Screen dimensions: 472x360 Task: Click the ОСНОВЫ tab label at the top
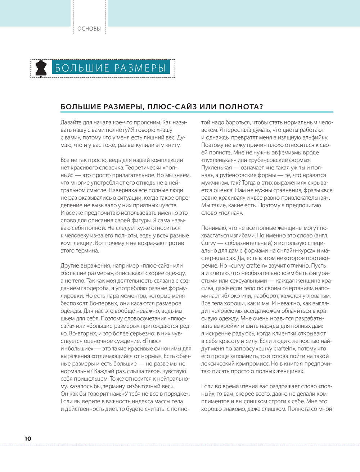click(89, 29)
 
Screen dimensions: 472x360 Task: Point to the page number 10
click(28, 439)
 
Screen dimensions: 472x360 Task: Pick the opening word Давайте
click(71, 122)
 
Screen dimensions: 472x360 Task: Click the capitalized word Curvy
click(208, 243)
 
